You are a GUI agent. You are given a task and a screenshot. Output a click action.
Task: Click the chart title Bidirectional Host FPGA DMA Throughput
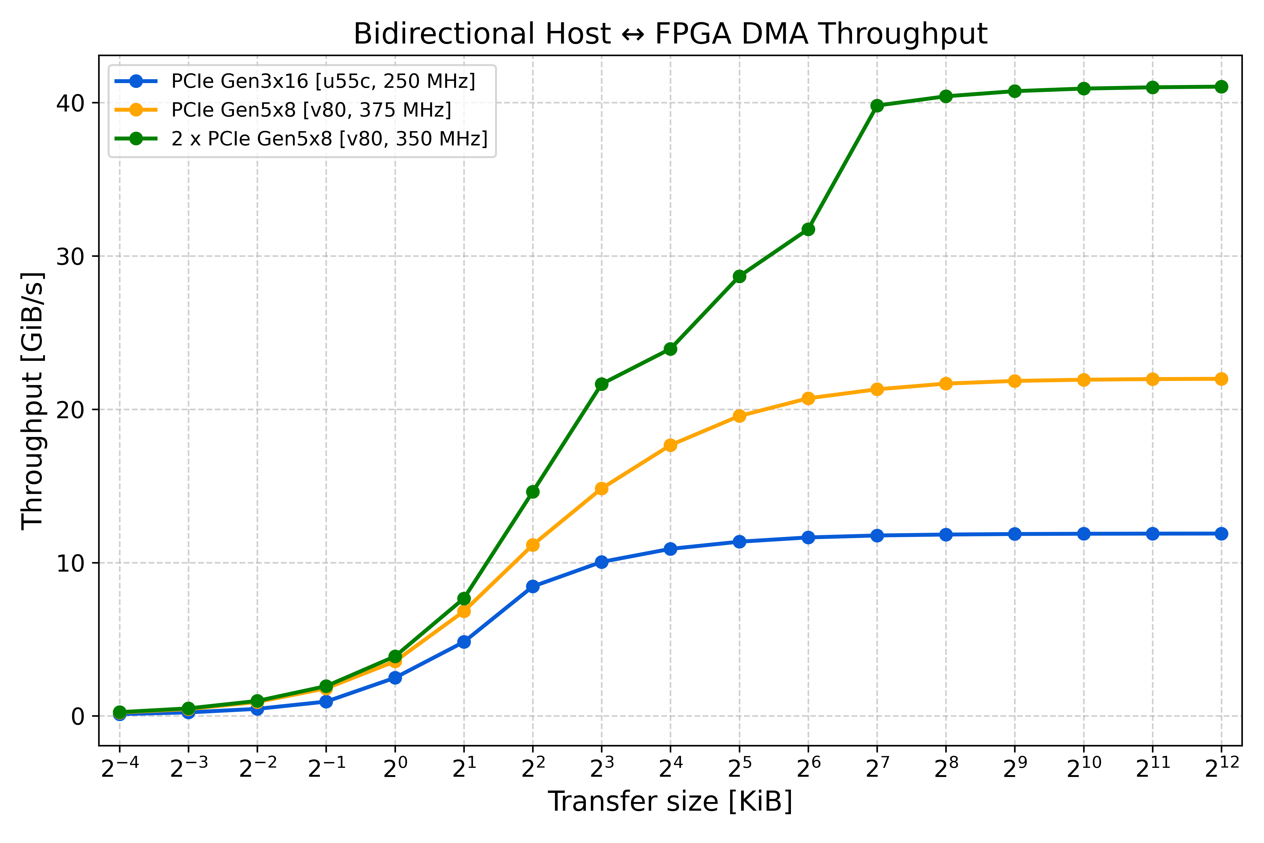coord(670,34)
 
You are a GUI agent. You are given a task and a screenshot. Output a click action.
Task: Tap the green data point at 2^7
coord(877,105)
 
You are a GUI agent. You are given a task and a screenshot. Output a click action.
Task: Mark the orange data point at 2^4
coord(670,445)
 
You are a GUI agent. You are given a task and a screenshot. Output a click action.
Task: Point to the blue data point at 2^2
coord(533,586)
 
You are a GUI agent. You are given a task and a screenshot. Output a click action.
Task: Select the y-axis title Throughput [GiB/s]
coord(32,400)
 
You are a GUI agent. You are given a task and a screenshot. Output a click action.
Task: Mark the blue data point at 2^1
coord(464,642)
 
